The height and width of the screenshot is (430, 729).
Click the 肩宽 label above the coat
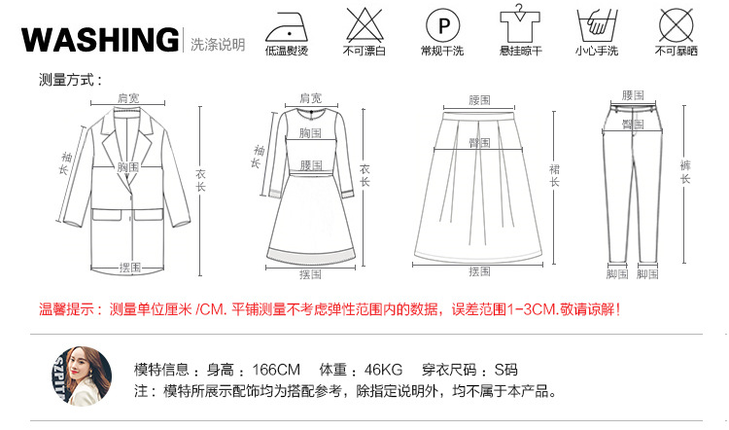tap(129, 99)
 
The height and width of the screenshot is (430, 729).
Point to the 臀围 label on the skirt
tap(479, 142)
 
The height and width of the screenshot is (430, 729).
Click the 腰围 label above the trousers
tap(633, 95)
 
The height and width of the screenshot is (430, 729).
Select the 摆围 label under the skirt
tap(479, 271)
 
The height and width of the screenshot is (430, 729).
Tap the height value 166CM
tap(278, 370)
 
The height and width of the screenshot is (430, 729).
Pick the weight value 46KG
tap(383, 370)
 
